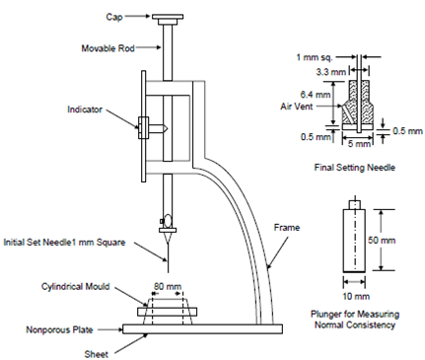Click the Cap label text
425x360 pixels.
click(114, 17)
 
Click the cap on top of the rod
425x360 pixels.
click(168, 19)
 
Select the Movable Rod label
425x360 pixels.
click(107, 48)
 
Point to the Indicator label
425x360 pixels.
click(85, 109)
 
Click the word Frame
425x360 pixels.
click(287, 228)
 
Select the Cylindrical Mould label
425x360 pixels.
click(75, 286)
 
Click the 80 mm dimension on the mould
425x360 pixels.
click(168, 286)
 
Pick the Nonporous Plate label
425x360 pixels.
click(59, 329)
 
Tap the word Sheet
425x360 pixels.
click(96, 354)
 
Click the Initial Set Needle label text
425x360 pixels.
click(64, 243)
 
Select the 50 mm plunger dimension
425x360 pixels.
click(382, 240)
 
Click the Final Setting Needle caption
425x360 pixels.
click(355, 168)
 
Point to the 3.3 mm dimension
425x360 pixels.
click(331, 71)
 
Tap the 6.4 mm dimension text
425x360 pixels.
click(315, 95)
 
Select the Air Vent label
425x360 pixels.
click(297, 107)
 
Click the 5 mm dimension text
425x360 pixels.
click(359, 144)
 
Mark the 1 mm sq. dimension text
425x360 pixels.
click(315, 57)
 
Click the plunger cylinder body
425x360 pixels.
click(354, 241)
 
